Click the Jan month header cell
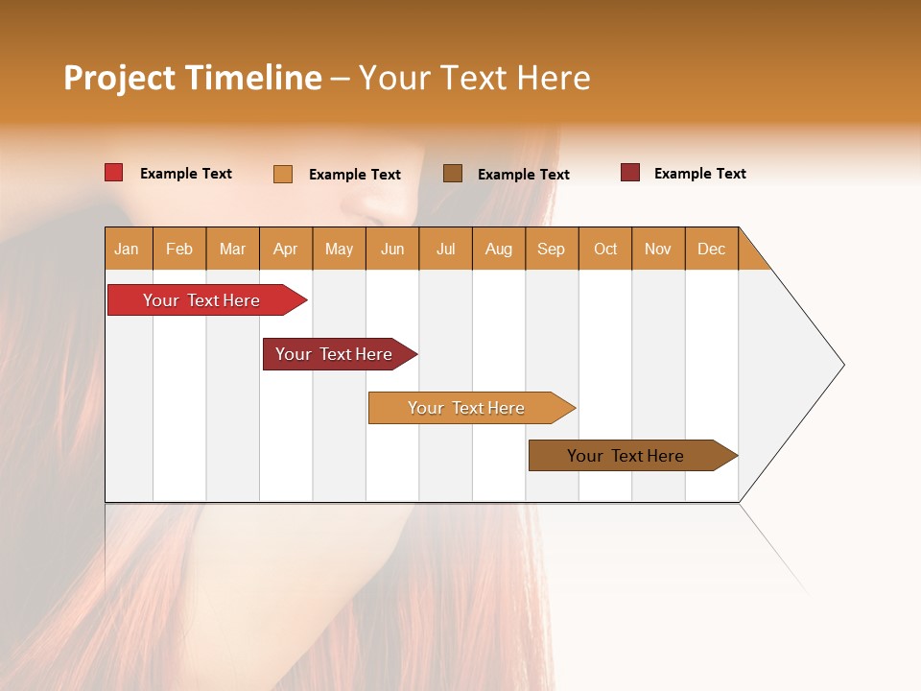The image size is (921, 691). [128, 249]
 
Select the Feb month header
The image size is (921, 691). [179, 249]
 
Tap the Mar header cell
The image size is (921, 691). [232, 249]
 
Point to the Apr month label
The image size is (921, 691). [286, 249]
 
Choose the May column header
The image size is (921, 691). [339, 249]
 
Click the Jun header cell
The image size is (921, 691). [392, 249]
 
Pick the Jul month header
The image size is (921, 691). [445, 249]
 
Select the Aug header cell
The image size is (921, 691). [499, 249]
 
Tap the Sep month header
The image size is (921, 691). [552, 249]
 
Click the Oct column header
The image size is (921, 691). [605, 249]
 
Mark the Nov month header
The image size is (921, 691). [658, 249]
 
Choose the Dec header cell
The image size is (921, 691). [712, 249]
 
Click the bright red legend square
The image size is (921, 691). [114, 173]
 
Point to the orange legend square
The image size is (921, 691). [283, 174]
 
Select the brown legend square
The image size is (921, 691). [453, 173]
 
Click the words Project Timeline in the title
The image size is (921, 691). [193, 78]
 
